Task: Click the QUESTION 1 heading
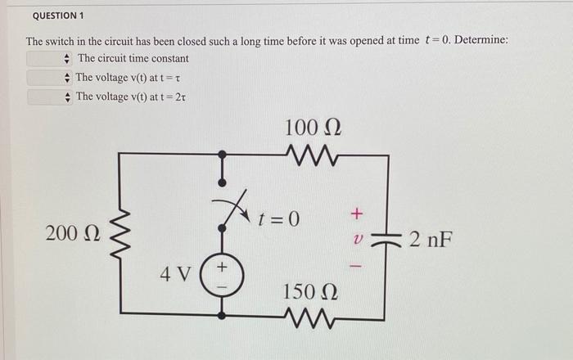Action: point(58,16)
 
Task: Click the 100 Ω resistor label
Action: point(313,128)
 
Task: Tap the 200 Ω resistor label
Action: point(73,234)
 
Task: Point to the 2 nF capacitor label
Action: point(431,240)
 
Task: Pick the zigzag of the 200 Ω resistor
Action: point(121,234)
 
